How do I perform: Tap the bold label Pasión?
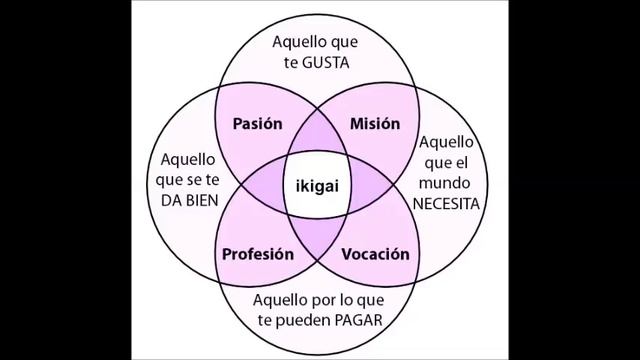259,125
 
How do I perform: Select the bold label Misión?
375,125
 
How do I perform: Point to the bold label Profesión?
259,254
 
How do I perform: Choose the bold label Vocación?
376,254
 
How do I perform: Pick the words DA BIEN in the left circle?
189,198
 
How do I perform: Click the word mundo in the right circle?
450,183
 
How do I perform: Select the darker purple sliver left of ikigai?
265,187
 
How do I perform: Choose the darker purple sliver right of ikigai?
376,187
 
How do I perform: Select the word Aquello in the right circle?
450,144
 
